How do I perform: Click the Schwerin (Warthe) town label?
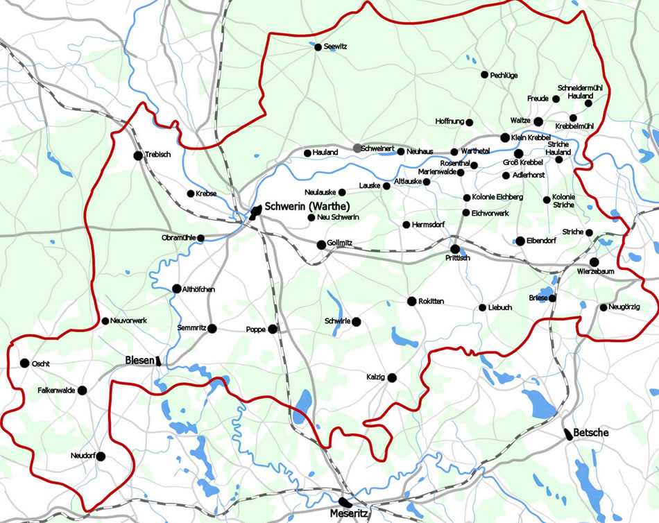tap(306, 206)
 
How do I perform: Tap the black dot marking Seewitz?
tap(318, 47)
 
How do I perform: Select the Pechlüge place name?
tap(504, 74)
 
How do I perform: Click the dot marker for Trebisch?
tap(138, 155)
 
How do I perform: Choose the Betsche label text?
tap(591, 433)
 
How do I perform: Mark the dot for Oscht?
tap(24, 363)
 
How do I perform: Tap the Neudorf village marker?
tap(101, 456)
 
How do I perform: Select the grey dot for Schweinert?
tap(357, 148)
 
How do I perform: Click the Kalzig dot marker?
tap(392, 378)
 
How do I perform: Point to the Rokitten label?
tap(431, 301)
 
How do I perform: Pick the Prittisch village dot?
tap(455, 248)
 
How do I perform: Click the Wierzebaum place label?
tap(595, 271)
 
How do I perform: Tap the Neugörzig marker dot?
tap(604, 307)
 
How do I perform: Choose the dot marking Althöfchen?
tap(177, 289)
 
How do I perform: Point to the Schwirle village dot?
tap(356, 322)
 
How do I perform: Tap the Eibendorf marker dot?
tap(520, 241)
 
